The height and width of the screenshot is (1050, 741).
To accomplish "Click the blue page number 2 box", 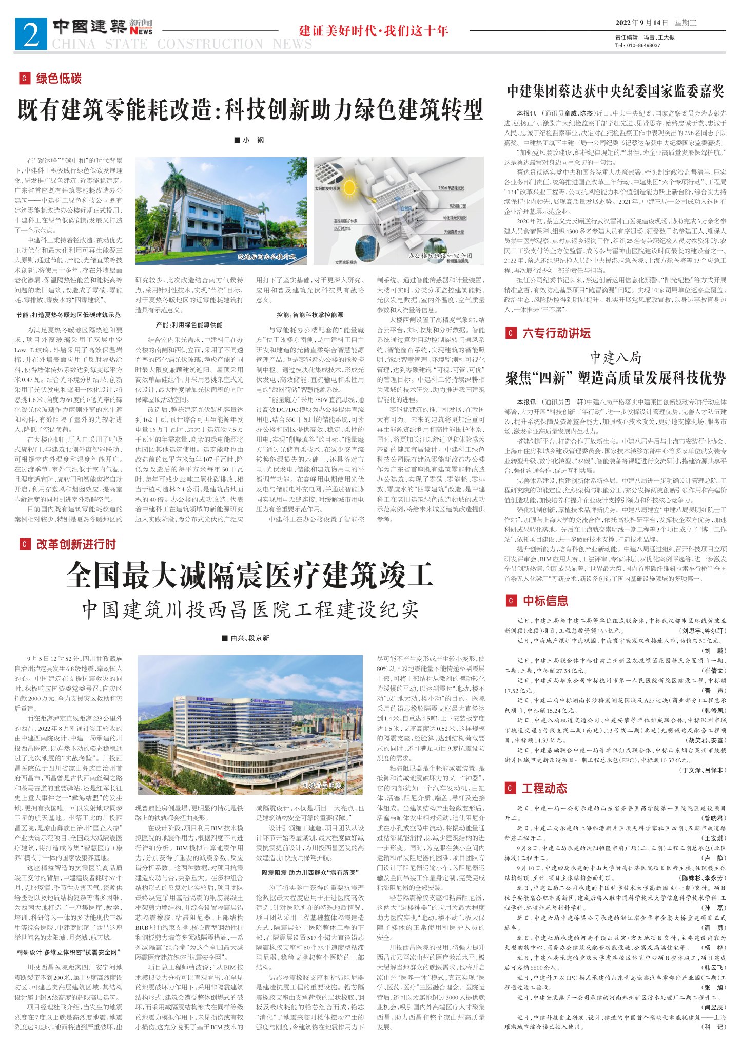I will [31, 34].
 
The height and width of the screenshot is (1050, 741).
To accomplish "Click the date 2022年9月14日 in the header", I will [642, 23].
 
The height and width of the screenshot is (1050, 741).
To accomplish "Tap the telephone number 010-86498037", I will [641, 45].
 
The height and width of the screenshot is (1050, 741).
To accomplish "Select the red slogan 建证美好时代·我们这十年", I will [374, 31].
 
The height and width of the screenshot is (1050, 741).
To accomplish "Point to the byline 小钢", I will [249, 140].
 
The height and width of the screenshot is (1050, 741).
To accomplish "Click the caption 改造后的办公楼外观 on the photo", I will [267, 256].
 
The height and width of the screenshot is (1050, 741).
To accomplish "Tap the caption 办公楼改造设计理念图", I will [440, 255].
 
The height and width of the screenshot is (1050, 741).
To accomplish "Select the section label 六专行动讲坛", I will [556, 333].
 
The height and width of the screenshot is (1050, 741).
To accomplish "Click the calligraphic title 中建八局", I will [615, 357].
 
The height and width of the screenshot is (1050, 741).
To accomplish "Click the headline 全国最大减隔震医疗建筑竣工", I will [250, 575].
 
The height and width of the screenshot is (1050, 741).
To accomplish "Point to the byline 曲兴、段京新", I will [246, 638].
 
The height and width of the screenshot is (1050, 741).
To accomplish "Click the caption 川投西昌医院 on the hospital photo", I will [322, 786].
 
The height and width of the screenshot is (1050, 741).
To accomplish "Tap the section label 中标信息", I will [545, 601].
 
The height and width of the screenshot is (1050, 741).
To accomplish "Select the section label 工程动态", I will [544, 788].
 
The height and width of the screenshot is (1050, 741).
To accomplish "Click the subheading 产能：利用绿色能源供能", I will [189, 325].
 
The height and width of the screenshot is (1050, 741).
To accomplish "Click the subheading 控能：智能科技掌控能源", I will [310, 315].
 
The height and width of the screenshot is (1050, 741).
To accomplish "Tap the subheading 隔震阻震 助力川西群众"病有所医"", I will [310, 872].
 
